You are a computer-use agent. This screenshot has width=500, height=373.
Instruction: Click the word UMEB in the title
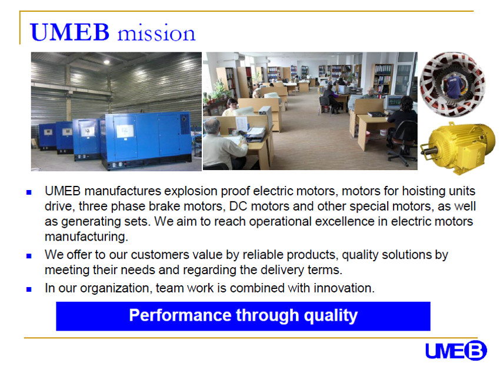[x=70, y=32]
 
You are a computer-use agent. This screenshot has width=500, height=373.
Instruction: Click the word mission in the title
[x=156, y=33]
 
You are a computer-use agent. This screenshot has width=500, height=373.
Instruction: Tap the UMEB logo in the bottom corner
[x=456, y=351]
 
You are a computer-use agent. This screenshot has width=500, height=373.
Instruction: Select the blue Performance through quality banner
[x=243, y=316]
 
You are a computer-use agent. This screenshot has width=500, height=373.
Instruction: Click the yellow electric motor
[x=458, y=148]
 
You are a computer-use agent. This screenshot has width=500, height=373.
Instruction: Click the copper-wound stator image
[x=453, y=85]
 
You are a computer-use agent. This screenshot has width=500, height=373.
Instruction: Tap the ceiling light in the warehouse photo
[x=106, y=62]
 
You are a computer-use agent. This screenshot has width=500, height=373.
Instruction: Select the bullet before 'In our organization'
[x=29, y=289]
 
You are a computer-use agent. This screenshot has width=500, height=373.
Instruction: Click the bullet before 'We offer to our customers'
[x=29, y=256]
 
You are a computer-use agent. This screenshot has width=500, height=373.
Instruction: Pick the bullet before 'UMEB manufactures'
[x=29, y=192]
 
